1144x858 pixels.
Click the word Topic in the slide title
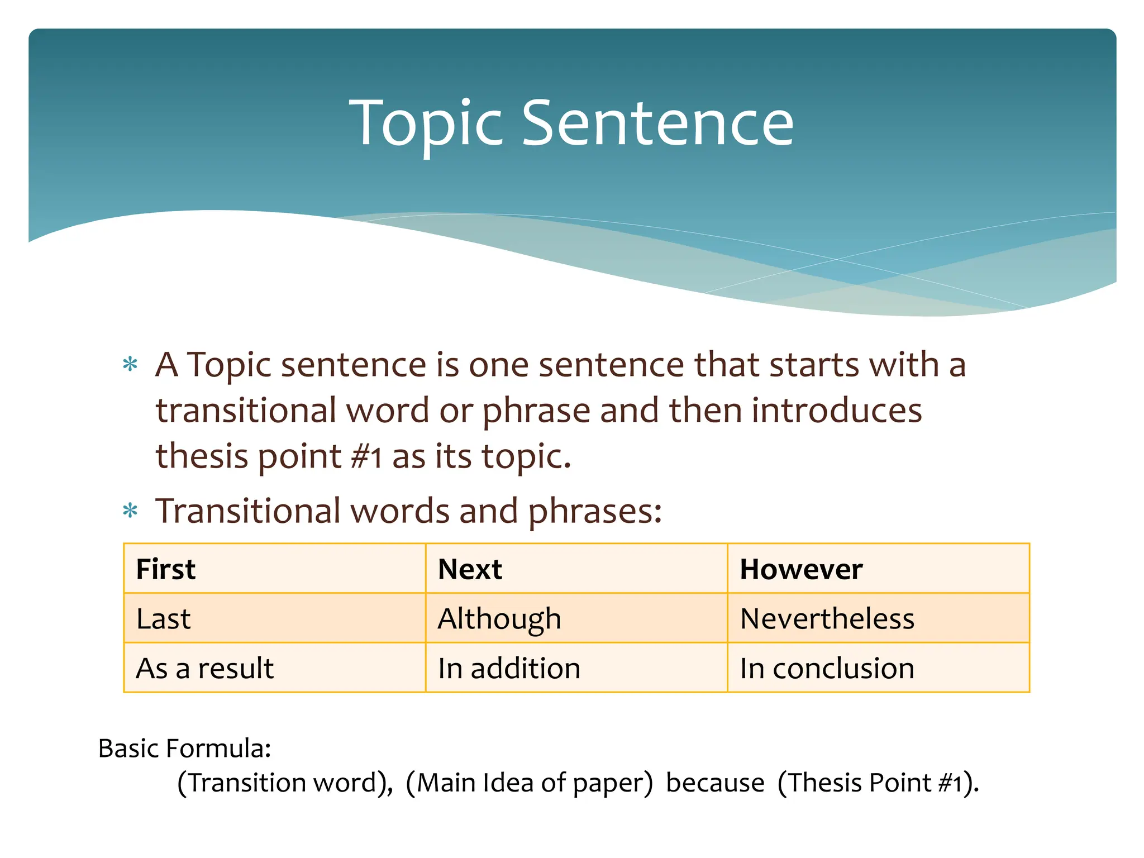426,124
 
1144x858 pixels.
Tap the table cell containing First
274,569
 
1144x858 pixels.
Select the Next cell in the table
576,569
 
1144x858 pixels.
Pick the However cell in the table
878,569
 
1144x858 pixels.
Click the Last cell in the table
274,618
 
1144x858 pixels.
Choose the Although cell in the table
576,618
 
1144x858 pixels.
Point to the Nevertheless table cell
878,618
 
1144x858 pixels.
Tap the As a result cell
274,668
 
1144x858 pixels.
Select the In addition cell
576,668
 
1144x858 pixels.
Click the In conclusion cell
878,668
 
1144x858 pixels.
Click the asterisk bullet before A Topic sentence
130,365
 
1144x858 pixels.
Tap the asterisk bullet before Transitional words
130,511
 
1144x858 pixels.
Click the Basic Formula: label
184,749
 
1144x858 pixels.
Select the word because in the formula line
715,783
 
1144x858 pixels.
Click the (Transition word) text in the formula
285,783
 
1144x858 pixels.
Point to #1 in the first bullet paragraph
366,457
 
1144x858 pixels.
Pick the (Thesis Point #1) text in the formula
877,783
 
